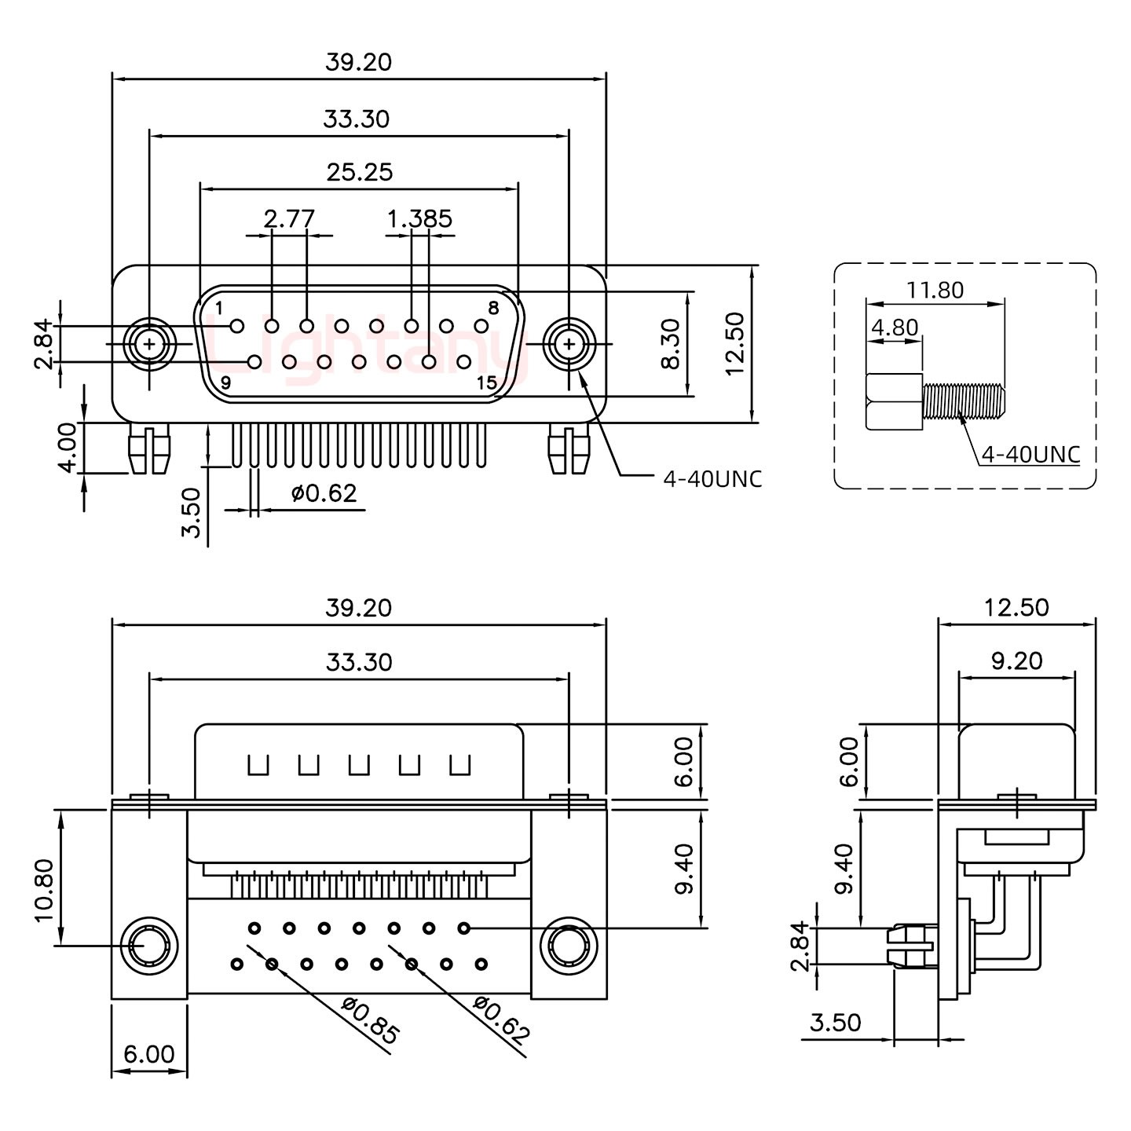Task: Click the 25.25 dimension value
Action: tap(359, 171)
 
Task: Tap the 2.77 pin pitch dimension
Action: tap(288, 218)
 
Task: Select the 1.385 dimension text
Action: tap(419, 218)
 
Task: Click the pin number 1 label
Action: tap(218, 306)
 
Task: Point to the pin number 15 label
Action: tap(487, 383)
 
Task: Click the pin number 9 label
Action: tap(225, 383)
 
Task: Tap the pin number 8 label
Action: tap(493, 308)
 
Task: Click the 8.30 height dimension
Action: tap(671, 343)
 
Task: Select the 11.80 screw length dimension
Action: tap(935, 290)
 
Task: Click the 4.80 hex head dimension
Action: tap(894, 327)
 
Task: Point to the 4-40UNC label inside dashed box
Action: tap(1030, 454)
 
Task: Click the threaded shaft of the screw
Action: tap(963, 400)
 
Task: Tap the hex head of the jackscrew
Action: tap(894, 402)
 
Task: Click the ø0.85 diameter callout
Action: tap(371, 1020)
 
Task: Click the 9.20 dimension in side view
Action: tap(1016, 661)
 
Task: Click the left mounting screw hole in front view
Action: tap(148, 343)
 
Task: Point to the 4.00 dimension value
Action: tap(68, 447)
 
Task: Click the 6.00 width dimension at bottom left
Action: tap(148, 1053)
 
